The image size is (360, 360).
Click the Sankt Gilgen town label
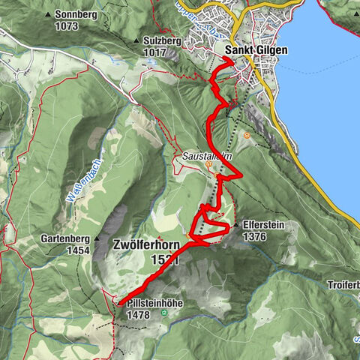click(x=255, y=50)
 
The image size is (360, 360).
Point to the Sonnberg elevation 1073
click(x=66, y=25)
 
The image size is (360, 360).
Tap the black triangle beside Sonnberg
click(x=49, y=15)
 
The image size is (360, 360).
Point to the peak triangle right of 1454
click(x=97, y=250)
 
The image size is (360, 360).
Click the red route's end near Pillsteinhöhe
click(x=118, y=303)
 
